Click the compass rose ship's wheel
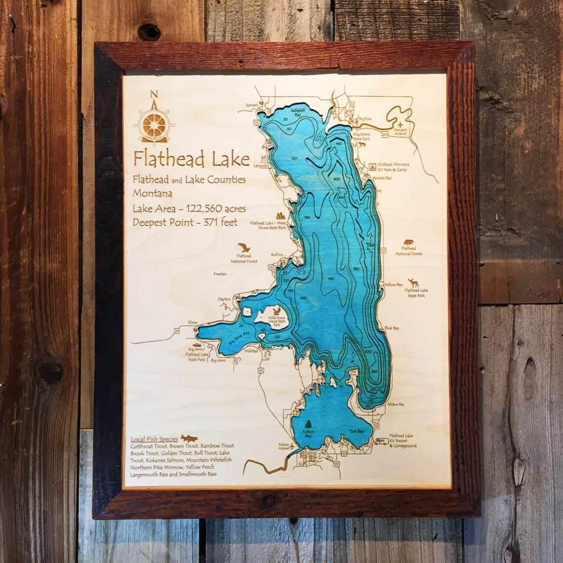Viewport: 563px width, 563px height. (154, 123)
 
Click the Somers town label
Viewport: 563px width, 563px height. (252, 105)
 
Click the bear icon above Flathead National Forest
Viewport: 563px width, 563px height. (408, 242)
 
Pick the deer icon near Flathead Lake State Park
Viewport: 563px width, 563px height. (413, 283)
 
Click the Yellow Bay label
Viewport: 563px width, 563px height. (394, 285)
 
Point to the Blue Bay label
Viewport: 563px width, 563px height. (392, 328)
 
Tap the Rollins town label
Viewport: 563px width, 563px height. (277, 254)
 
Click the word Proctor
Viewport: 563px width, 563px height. (220, 274)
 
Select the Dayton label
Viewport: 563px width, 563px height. (224, 299)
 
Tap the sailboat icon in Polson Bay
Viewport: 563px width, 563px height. (308, 424)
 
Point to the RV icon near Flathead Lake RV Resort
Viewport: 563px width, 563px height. (381, 441)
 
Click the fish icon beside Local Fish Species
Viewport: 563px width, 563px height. (189, 438)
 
